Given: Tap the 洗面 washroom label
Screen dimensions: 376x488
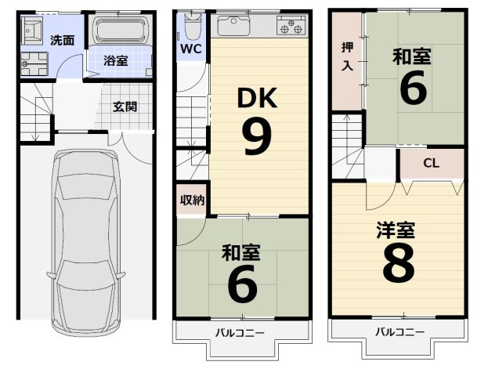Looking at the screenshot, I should coord(63,40).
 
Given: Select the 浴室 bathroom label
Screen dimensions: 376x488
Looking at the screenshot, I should coord(117,61).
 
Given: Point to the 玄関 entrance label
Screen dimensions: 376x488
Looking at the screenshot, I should coord(125,106).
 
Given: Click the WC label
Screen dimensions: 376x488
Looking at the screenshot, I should coord(191,49).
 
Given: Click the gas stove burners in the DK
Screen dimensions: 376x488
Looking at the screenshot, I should coord(291,28).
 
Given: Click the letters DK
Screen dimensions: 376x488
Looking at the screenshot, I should coord(258,98).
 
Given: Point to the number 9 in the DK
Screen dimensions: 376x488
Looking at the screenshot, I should coord(257,137).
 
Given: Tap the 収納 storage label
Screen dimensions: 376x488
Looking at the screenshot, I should coord(192,200).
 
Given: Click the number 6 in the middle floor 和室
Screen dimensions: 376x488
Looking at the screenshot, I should coord(242,284).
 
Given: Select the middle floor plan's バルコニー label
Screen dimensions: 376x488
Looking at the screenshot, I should coord(241,332).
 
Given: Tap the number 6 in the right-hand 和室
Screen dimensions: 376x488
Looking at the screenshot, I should coord(413,89).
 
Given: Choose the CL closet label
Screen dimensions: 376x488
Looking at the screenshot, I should coord(431,164).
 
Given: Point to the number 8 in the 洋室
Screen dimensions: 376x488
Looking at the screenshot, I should coord(398,266).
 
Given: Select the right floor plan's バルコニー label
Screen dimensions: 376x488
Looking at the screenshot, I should coord(399,331).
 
